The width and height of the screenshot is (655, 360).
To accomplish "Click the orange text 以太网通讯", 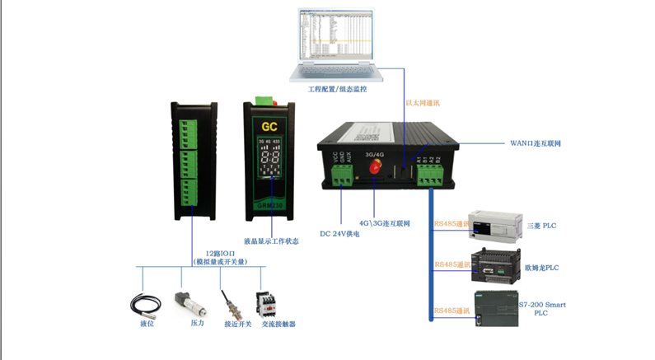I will (423, 103).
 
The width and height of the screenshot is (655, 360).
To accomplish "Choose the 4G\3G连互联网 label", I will (386, 222).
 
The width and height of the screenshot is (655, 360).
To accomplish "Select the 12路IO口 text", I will (220, 253).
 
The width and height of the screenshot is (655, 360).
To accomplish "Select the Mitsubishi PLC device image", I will (494, 223).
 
